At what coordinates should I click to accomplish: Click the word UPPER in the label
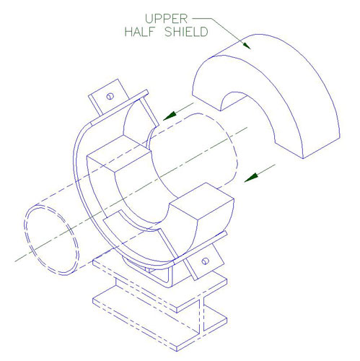click(166, 19)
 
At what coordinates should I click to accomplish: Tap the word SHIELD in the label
click(186, 32)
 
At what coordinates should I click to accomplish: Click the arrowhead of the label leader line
click(247, 45)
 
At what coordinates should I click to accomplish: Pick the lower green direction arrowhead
click(251, 178)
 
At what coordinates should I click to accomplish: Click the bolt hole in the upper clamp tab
click(110, 96)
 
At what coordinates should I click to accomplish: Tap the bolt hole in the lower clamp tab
click(205, 261)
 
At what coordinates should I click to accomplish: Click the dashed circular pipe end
click(51, 240)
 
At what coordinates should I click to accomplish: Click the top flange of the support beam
click(160, 284)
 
